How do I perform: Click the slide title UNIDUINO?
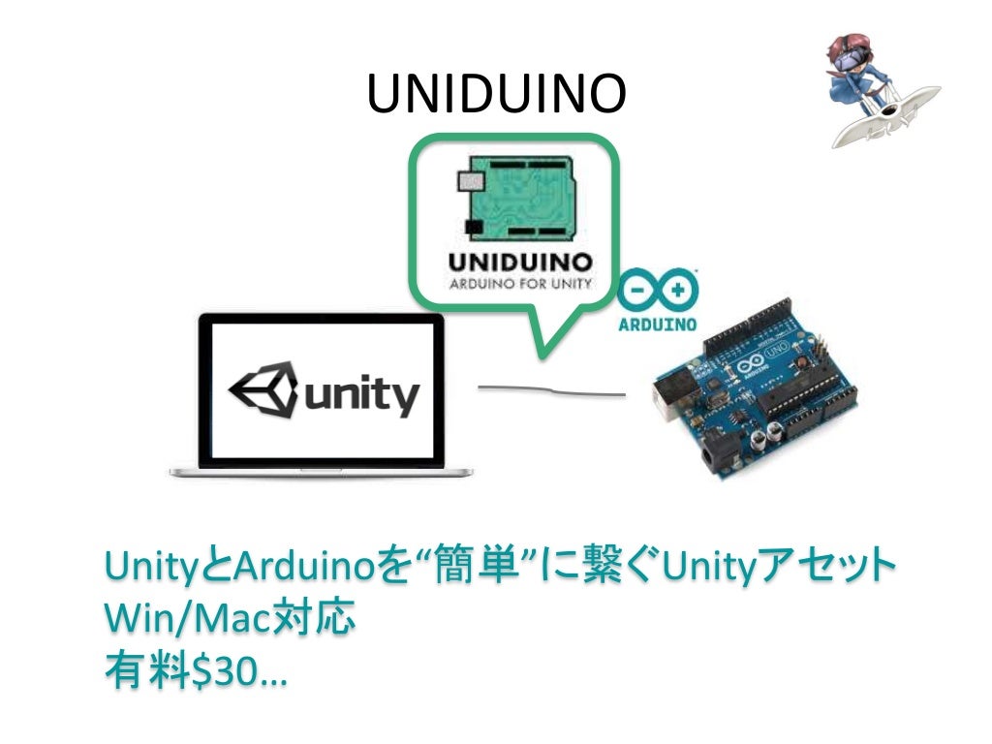click(497, 95)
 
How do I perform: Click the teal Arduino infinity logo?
click(658, 291)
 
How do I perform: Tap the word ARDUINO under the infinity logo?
click(658, 324)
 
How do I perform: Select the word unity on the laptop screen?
click(361, 395)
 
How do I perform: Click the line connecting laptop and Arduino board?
click(552, 391)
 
